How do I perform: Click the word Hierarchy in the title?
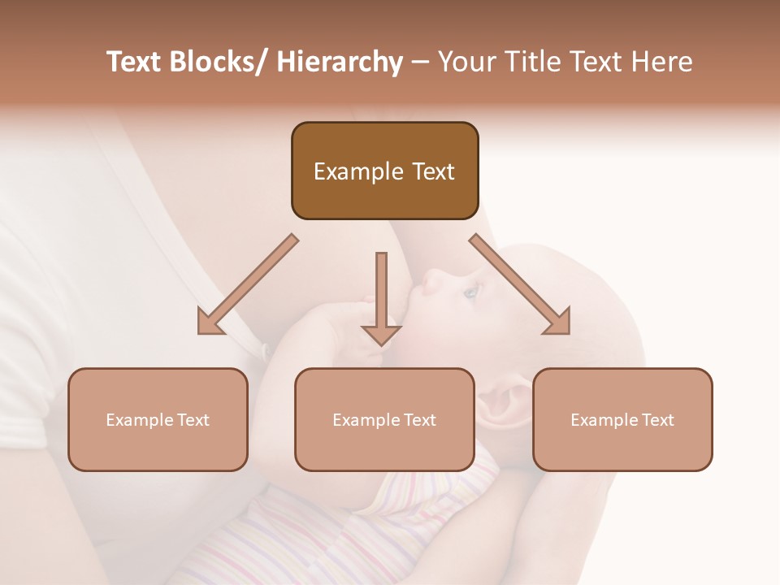pyautogui.click(x=340, y=62)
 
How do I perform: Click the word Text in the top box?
pyautogui.click(x=426, y=171)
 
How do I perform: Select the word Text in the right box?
pyautogui.click(x=656, y=420)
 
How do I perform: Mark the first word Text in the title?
pyautogui.click(x=133, y=62)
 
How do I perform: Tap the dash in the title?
pyautogui.click(x=420, y=62)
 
